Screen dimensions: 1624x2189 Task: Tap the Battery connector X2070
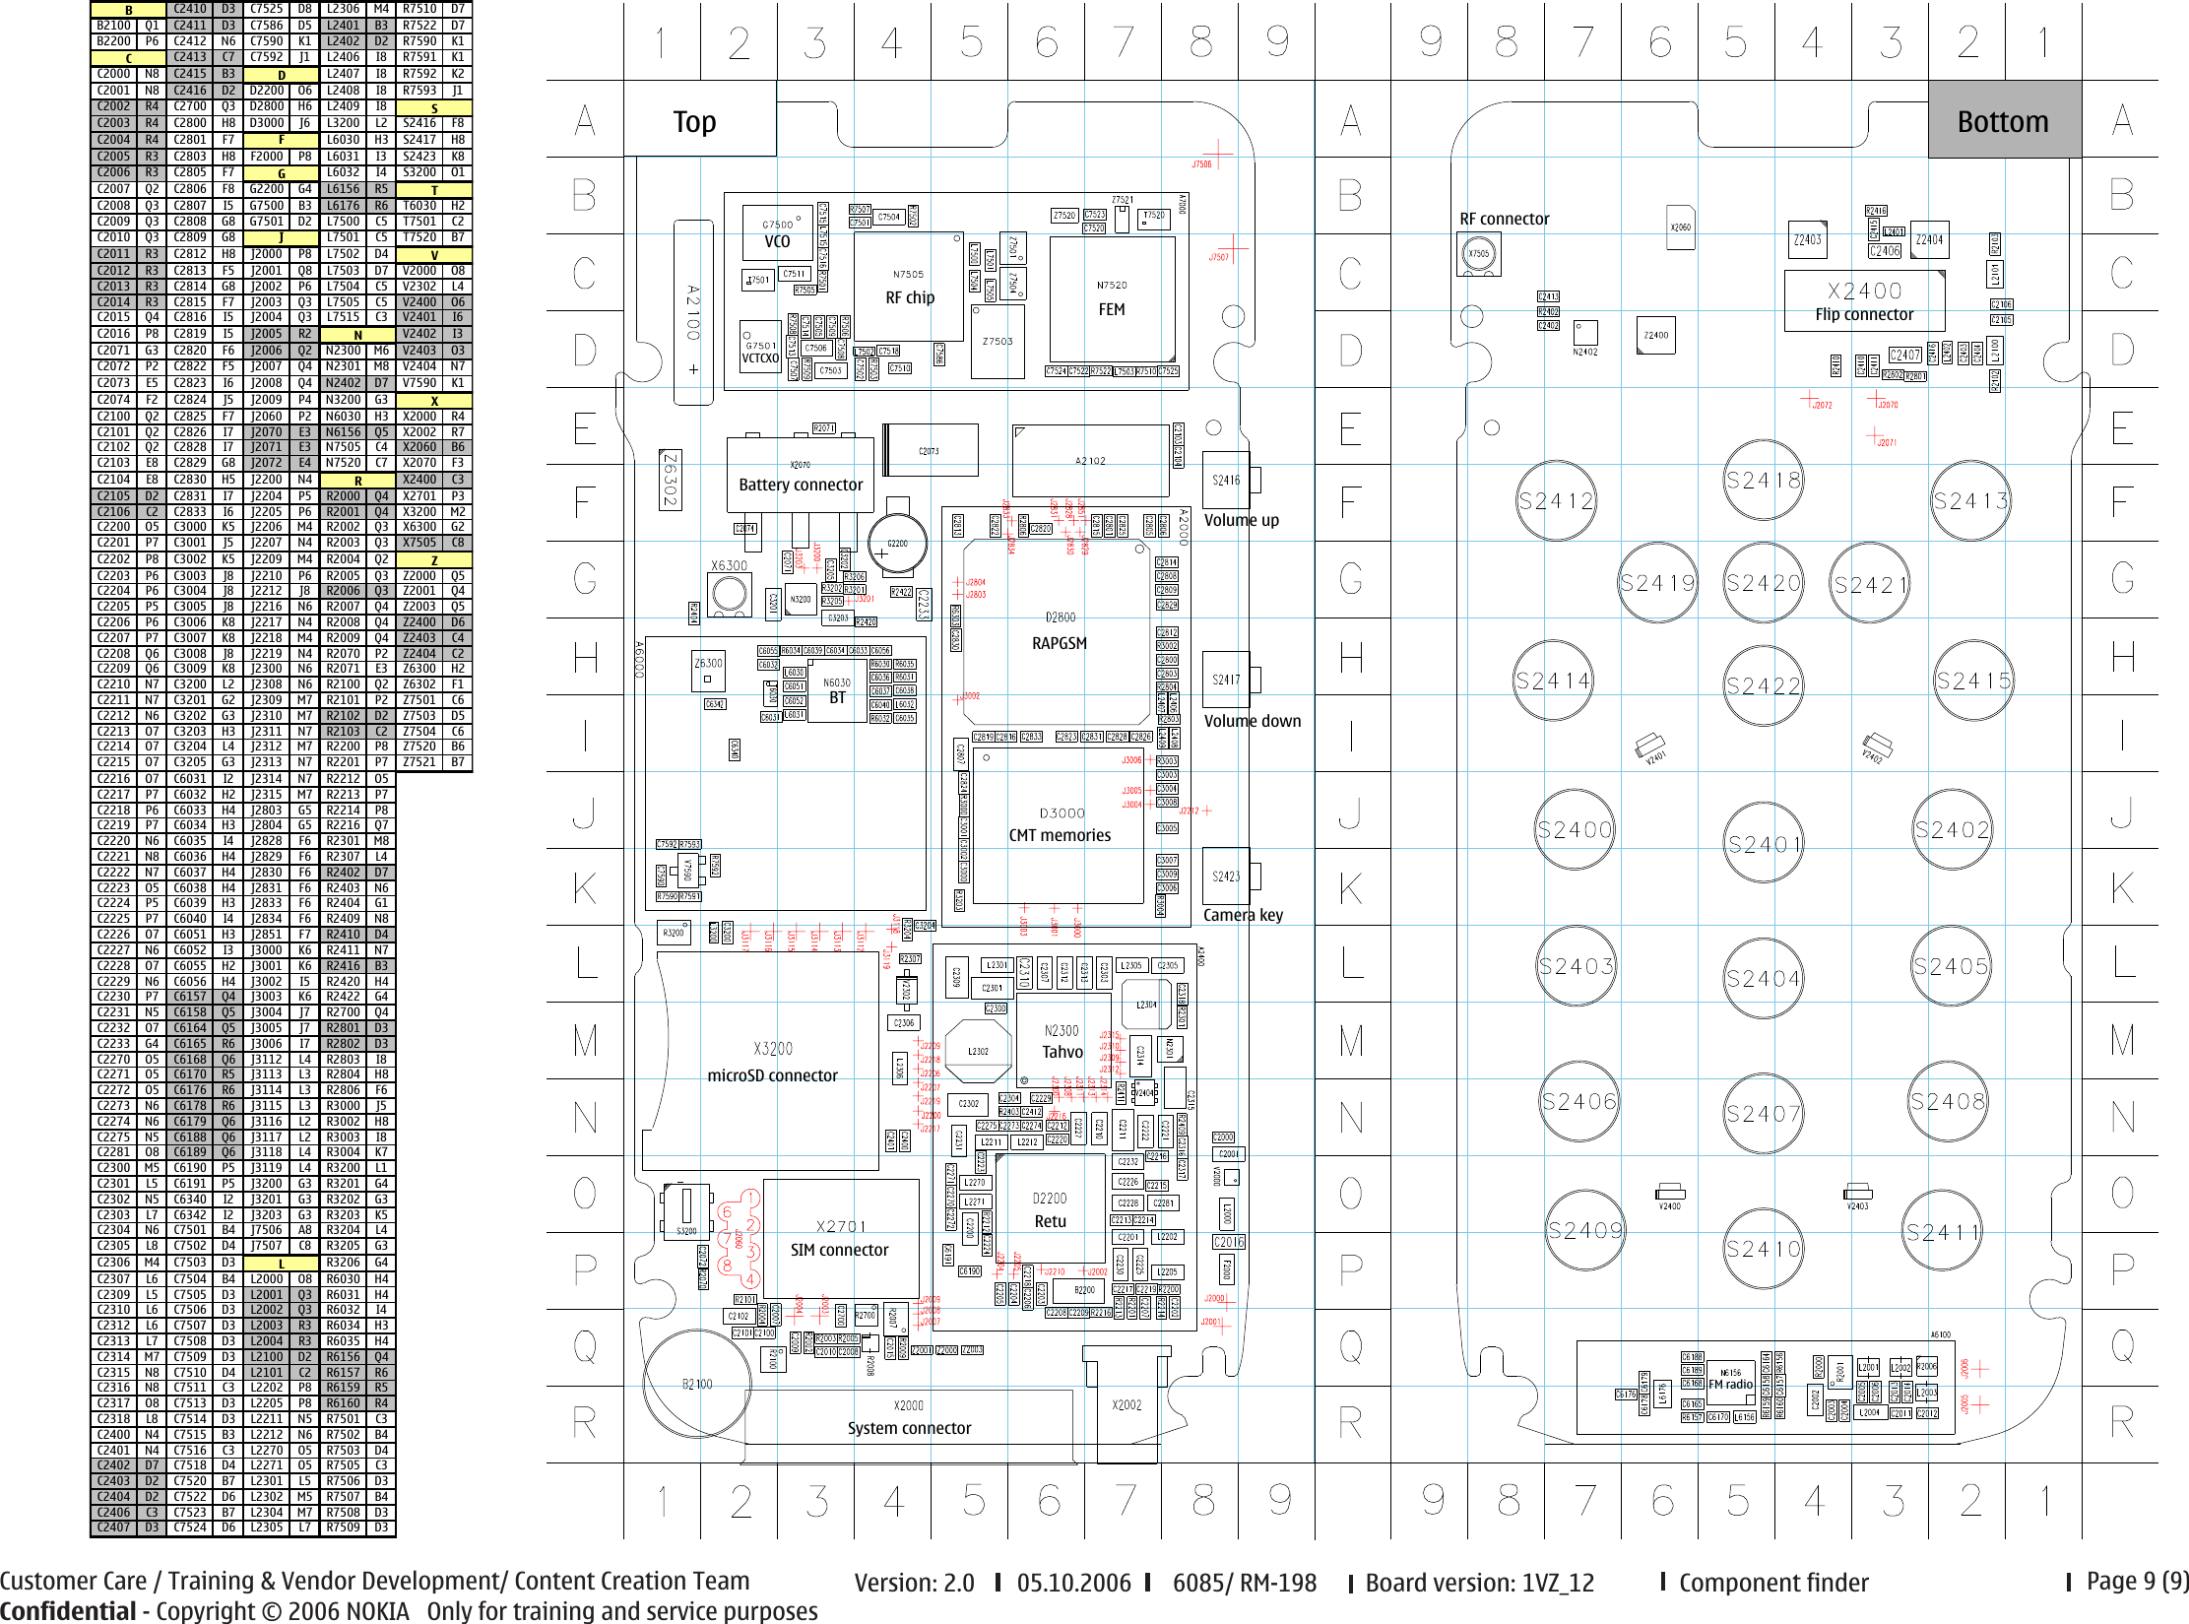[x=800, y=475]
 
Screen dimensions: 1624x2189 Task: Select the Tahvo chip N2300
[x=1062, y=1042]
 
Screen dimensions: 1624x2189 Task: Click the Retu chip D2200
[x=1050, y=1210]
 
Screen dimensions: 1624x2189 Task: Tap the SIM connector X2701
[x=840, y=1239]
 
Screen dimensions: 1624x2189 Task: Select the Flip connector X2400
[x=1864, y=301]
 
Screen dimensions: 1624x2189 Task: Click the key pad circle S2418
[x=1763, y=481]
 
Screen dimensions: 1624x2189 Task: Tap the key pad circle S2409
[x=1584, y=1230]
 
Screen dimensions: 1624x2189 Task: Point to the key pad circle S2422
[x=1763, y=685]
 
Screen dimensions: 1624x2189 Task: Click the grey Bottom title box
[x=2004, y=120]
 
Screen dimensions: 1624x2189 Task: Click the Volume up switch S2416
[x=1226, y=481]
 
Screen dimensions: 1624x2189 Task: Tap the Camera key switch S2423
[x=1226, y=877]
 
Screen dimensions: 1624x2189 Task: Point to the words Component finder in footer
[x=1772, y=1583]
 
